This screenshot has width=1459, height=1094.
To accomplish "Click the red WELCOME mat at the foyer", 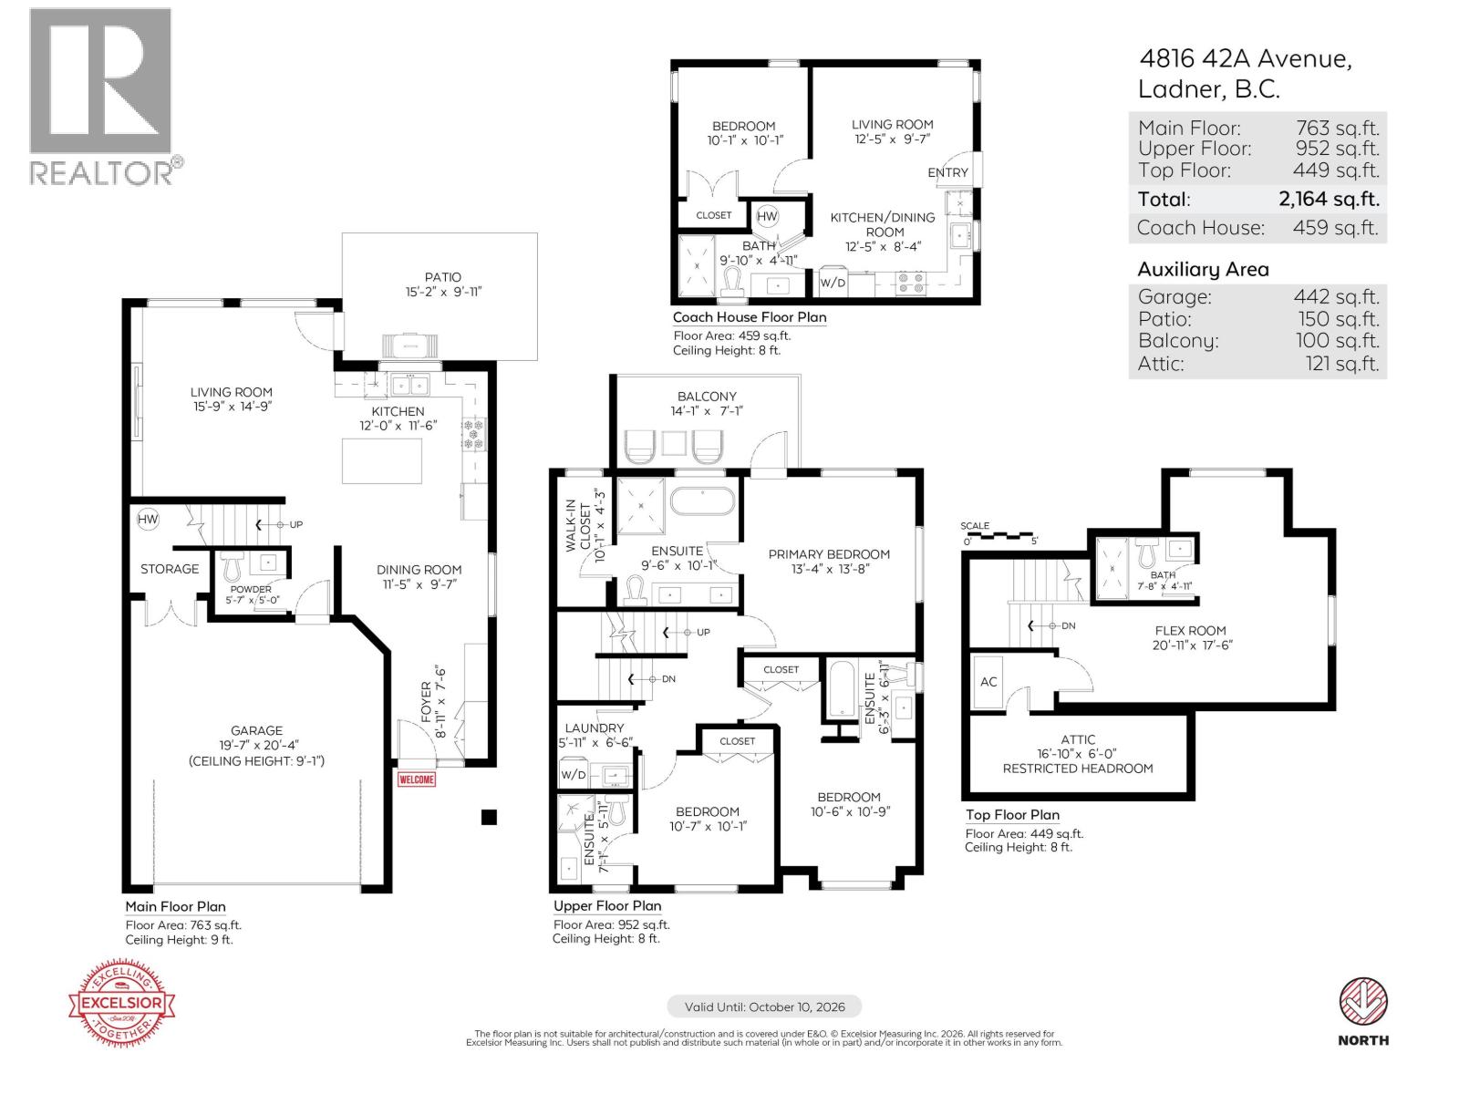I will pyautogui.click(x=417, y=779).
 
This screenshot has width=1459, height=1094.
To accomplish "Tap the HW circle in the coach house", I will pyautogui.click(x=768, y=216).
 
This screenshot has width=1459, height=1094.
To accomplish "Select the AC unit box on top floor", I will pyautogui.click(x=989, y=682).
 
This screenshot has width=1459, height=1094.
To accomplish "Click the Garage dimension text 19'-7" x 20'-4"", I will pyautogui.click(x=256, y=746).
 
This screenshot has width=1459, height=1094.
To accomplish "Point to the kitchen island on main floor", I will pyautogui.click(x=383, y=461).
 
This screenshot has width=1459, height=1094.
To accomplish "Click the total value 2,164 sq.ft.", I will pyautogui.click(x=1329, y=199).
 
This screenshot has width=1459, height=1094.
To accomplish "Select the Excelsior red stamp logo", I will pyautogui.click(x=122, y=1004).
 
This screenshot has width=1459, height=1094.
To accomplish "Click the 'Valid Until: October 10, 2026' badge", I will pyautogui.click(x=764, y=1007).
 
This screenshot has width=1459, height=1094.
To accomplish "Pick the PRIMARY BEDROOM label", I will pyautogui.click(x=829, y=554).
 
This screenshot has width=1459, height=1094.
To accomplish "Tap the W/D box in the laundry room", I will pyautogui.click(x=574, y=775).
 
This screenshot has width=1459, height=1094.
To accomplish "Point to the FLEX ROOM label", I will pyautogui.click(x=1190, y=630).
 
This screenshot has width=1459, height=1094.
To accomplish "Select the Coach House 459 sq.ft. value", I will pyautogui.click(x=1335, y=228).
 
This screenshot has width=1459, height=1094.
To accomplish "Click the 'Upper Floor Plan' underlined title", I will pyautogui.click(x=607, y=905).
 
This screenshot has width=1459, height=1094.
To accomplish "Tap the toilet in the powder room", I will pyautogui.click(x=230, y=567).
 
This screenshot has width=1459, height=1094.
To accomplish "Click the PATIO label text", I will pyautogui.click(x=442, y=277).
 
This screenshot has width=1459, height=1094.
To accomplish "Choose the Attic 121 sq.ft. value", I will pyautogui.click(x=1341, y=364).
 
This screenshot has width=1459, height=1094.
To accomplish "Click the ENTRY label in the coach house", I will pyautogui.click(x=947, y=172).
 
